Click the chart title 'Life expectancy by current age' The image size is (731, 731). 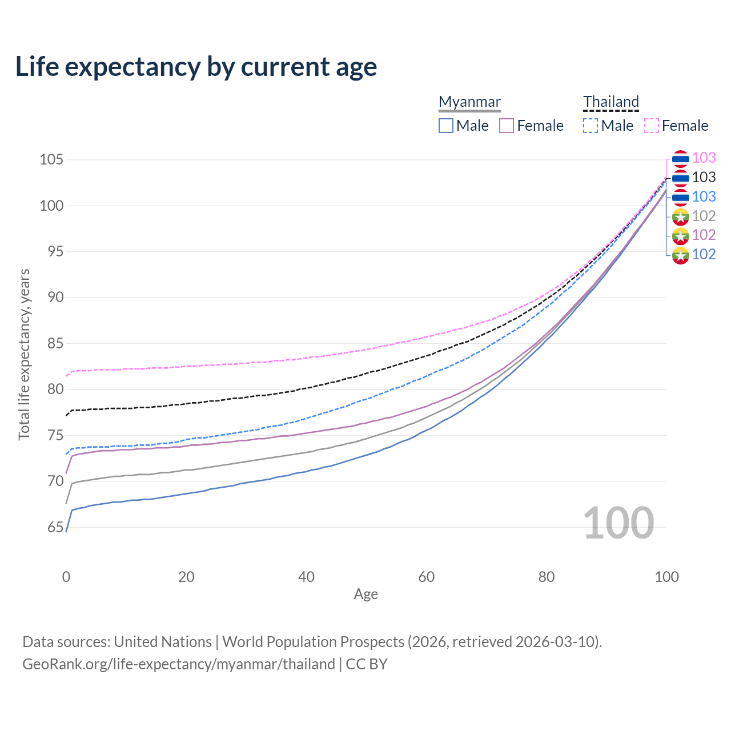pyautogui.click(x=196, y=67)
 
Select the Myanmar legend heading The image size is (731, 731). pyautogui.click(x=469, y=102)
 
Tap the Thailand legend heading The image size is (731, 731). pyautogui.click(x=610, y=102)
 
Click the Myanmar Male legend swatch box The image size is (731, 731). pyautogui.click(x=446, y=126)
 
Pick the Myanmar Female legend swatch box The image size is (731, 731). pyautogui.click(x=507, y=126)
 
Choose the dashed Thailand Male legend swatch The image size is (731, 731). pyautogui.click(x=591, y=126)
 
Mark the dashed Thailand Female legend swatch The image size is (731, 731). pyautogui.click(x=652, y=126)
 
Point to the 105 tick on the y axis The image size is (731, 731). pyautogui.click(x=51, y=159)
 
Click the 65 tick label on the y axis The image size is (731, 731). pyautogui.click(x=55, y=527)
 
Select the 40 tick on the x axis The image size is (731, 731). pyautogui.click(x=306, y=577)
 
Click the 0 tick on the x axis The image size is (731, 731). pyautogui.click(x=66, y=577)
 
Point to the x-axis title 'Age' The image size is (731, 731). pyautogui.click(x=365, y=595)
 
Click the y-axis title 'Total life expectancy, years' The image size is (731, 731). pyautogui.click(x=24, y=354)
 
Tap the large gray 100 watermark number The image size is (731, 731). pyautogui.click(x=618, y=523)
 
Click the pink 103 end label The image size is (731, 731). pyautogui.click(x=704, y=158)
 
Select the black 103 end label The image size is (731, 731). pyautogui.click(x=704, y=178)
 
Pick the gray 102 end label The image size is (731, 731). pyautogui.click(x=704, y=216)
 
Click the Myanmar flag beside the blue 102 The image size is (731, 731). pyautogui.click(x=680, y=255)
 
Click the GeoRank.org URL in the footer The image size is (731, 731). pyautogui.click(x=179, y=664)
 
